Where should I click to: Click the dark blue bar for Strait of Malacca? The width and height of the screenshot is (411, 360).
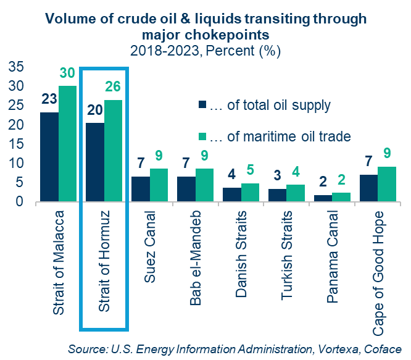[49, 157]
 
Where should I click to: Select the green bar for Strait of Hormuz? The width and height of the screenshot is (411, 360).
[113, 151]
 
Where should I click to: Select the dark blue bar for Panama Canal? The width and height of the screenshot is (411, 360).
[323, 198]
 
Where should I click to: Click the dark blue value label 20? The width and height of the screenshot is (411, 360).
[95, 111]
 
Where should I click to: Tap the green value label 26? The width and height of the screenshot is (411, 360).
[114, 87]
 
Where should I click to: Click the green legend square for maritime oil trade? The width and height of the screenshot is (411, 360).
[202, 136]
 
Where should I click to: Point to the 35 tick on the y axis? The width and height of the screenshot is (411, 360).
[17, 66]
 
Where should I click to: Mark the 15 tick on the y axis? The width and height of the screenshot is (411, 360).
[17, 144]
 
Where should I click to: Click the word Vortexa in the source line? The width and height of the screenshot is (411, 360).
[337, 348]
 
